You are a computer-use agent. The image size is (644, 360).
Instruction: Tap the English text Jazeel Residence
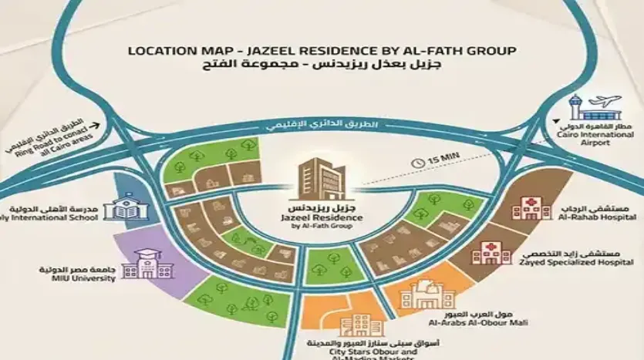[322, 218]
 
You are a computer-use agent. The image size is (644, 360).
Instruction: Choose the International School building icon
[124, 209]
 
